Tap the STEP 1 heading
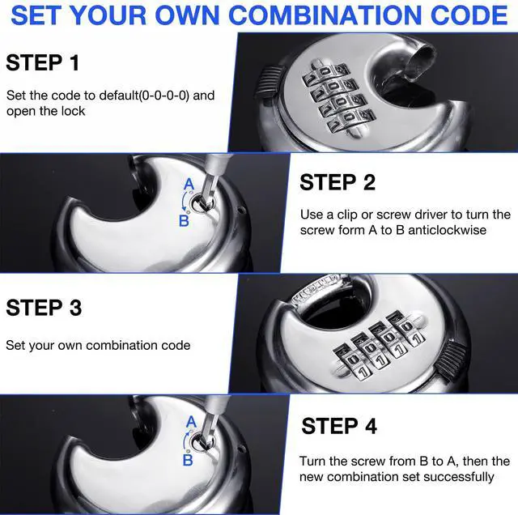tap(43, 62)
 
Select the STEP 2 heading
tap(338, 182)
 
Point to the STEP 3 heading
tap(44, 308)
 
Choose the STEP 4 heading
tap(339, 426)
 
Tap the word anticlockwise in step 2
tap(447, 230)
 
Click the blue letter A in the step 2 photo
tap(189, 184)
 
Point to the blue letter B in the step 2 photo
tap(184, 221)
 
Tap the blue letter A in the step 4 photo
tap(191, 422)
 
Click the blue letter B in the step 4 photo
tap(188, 460)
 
